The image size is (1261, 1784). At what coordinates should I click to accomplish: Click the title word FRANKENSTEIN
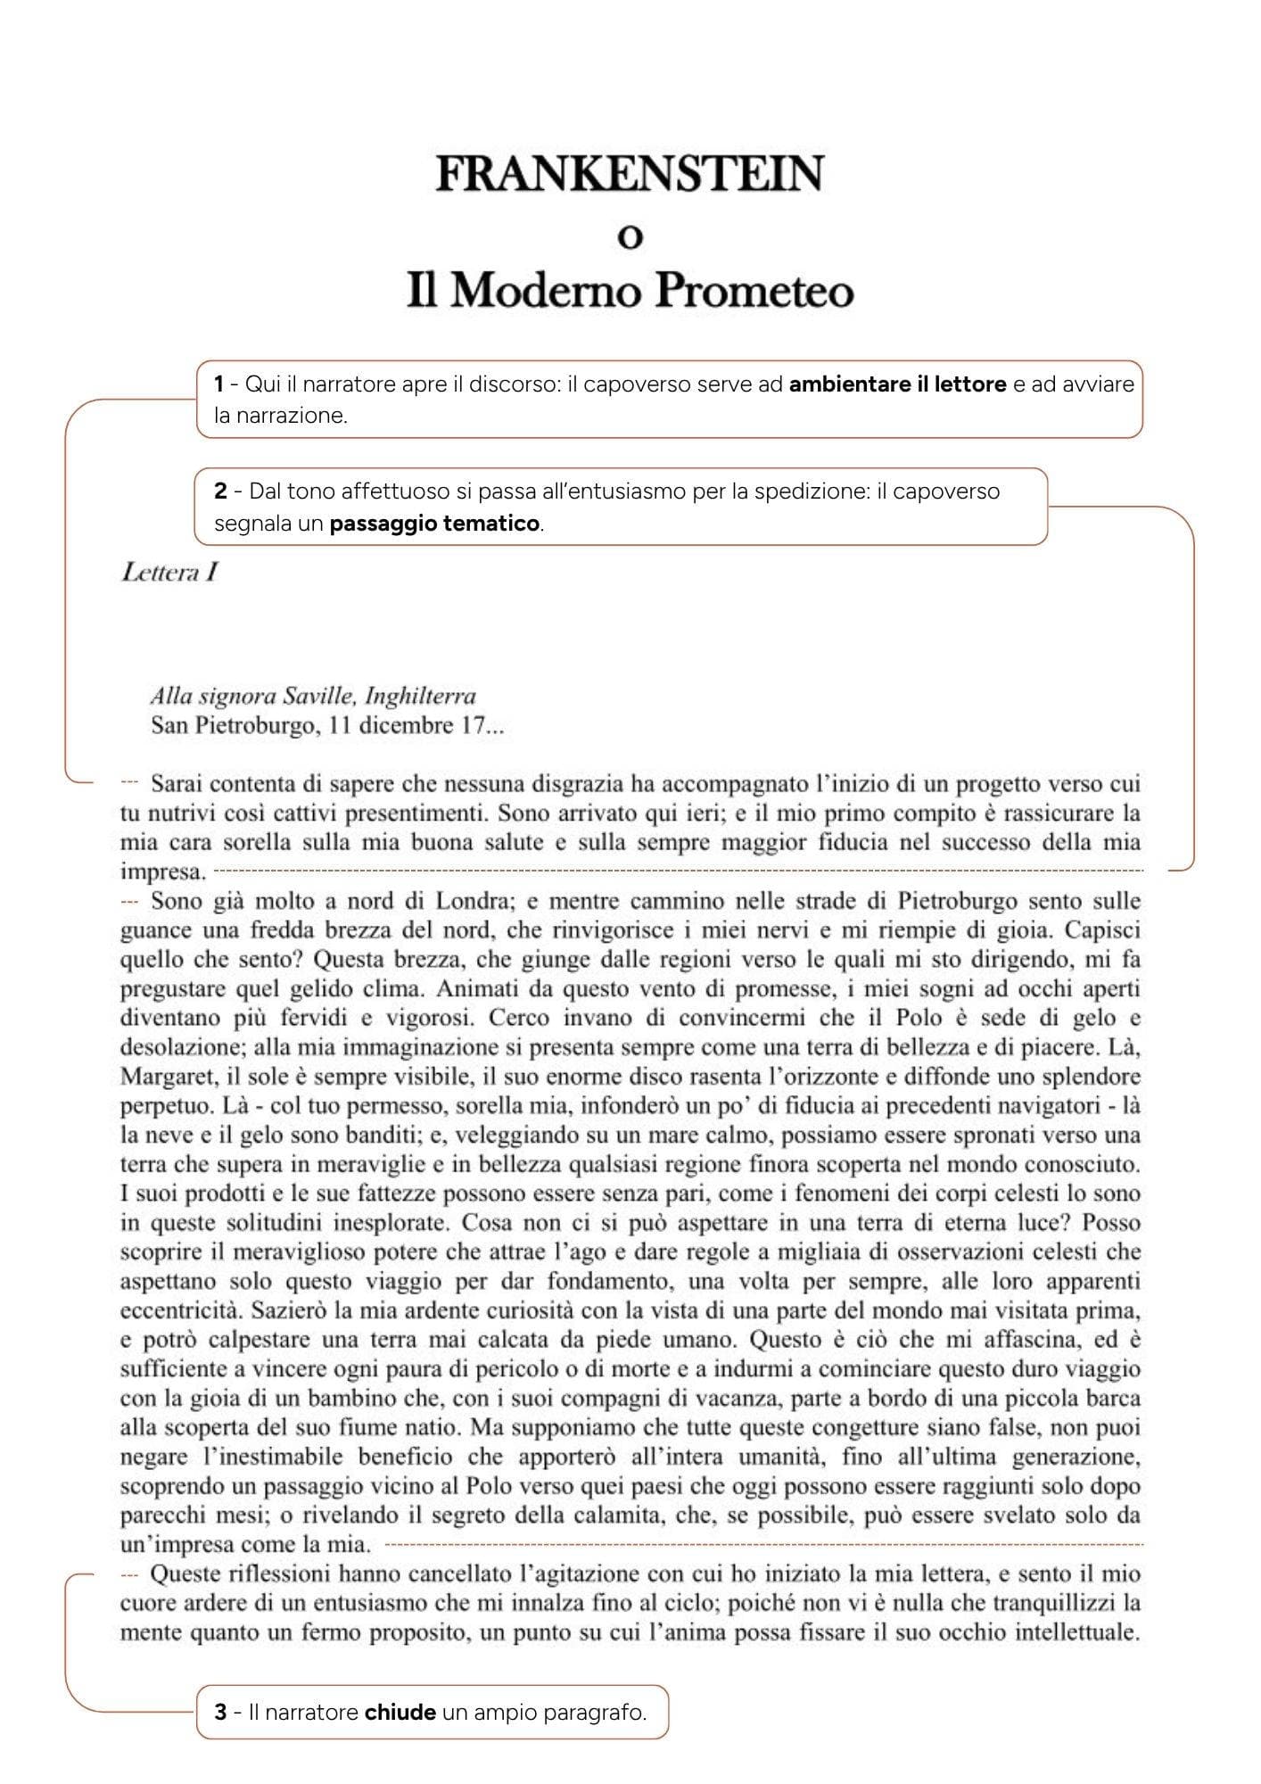[630, 174]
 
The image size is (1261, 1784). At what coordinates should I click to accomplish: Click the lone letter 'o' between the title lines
[630, 237]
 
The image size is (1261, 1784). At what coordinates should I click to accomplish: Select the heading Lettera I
[169, 573]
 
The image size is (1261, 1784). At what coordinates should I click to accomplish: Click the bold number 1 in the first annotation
[218, 384]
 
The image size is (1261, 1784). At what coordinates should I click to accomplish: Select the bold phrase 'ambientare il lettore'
[898, 384]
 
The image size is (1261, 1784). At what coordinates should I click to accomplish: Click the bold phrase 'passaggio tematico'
[434, 523]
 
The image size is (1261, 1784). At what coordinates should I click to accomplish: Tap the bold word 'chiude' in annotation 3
[400, 1712]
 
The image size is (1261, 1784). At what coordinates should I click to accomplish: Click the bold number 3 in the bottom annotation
[219, 1712]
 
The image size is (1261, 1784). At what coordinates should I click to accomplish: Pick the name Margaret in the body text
[157, 1077]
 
